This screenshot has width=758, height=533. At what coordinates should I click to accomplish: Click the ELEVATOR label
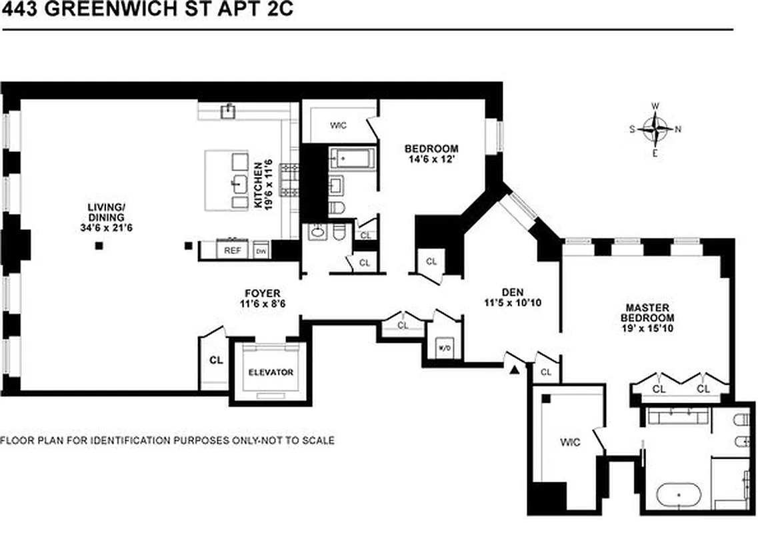pyautogui.click(x=271, y=372)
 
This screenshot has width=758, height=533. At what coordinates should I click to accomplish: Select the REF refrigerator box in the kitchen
pyautogui.click(x=231, y=251)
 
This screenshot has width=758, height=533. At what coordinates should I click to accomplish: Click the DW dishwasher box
pyautogui.click(x=261, y=251)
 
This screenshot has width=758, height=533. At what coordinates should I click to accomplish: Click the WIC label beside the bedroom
pyautogui.click(x=339, y=125)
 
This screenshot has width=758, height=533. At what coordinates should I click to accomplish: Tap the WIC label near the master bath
pyautogui.click(x=570, y=442)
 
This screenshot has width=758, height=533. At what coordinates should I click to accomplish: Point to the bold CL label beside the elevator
pyautogui.click(x=215, y=360)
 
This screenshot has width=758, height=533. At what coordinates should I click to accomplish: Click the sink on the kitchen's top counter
pyautogui.click(x=229, y=109)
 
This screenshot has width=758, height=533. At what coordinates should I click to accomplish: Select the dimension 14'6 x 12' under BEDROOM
pyautogui.click(x=431, y=159)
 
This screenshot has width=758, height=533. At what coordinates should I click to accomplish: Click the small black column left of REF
pyautogui.click(x=189, y=247)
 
